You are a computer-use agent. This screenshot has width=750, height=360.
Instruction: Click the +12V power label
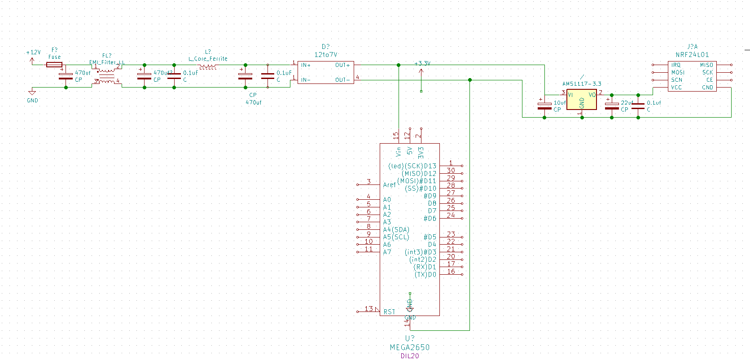point(34,53)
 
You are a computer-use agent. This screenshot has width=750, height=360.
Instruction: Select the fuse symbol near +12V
point(54,65)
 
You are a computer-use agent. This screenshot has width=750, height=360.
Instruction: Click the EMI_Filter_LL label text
point(107,62)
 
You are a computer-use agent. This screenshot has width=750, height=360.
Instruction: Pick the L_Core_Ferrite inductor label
point(208,59)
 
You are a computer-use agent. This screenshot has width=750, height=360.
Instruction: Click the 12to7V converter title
point(325,55)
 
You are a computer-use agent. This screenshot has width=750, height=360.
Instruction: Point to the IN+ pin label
point(306,66)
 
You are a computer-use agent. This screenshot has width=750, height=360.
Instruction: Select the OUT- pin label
point(342,80)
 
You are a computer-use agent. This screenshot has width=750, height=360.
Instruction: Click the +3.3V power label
point(422,64)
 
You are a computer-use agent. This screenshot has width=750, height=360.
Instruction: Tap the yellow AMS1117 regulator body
point(581,100)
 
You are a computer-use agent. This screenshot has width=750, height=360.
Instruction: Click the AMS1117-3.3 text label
point(582,84)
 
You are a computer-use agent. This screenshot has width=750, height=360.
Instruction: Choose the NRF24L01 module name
point(692,55)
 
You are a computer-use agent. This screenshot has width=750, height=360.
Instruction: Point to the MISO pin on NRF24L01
point(706,66)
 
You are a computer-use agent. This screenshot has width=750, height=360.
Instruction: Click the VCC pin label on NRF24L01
point(676,88)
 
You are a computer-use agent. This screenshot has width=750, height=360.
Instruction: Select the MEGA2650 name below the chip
point(409,347)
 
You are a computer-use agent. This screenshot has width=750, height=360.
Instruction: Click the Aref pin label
point(389,185)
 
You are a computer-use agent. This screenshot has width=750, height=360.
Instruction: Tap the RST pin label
point(389,312)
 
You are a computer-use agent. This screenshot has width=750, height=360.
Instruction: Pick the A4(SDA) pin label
point(396,230)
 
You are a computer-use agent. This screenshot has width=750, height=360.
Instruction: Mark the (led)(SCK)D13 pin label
point(412,166)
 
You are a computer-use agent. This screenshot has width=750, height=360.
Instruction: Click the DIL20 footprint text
point(409,356)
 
